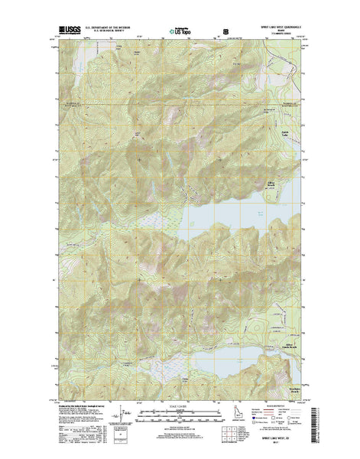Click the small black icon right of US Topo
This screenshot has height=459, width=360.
[x=225, y=32]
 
